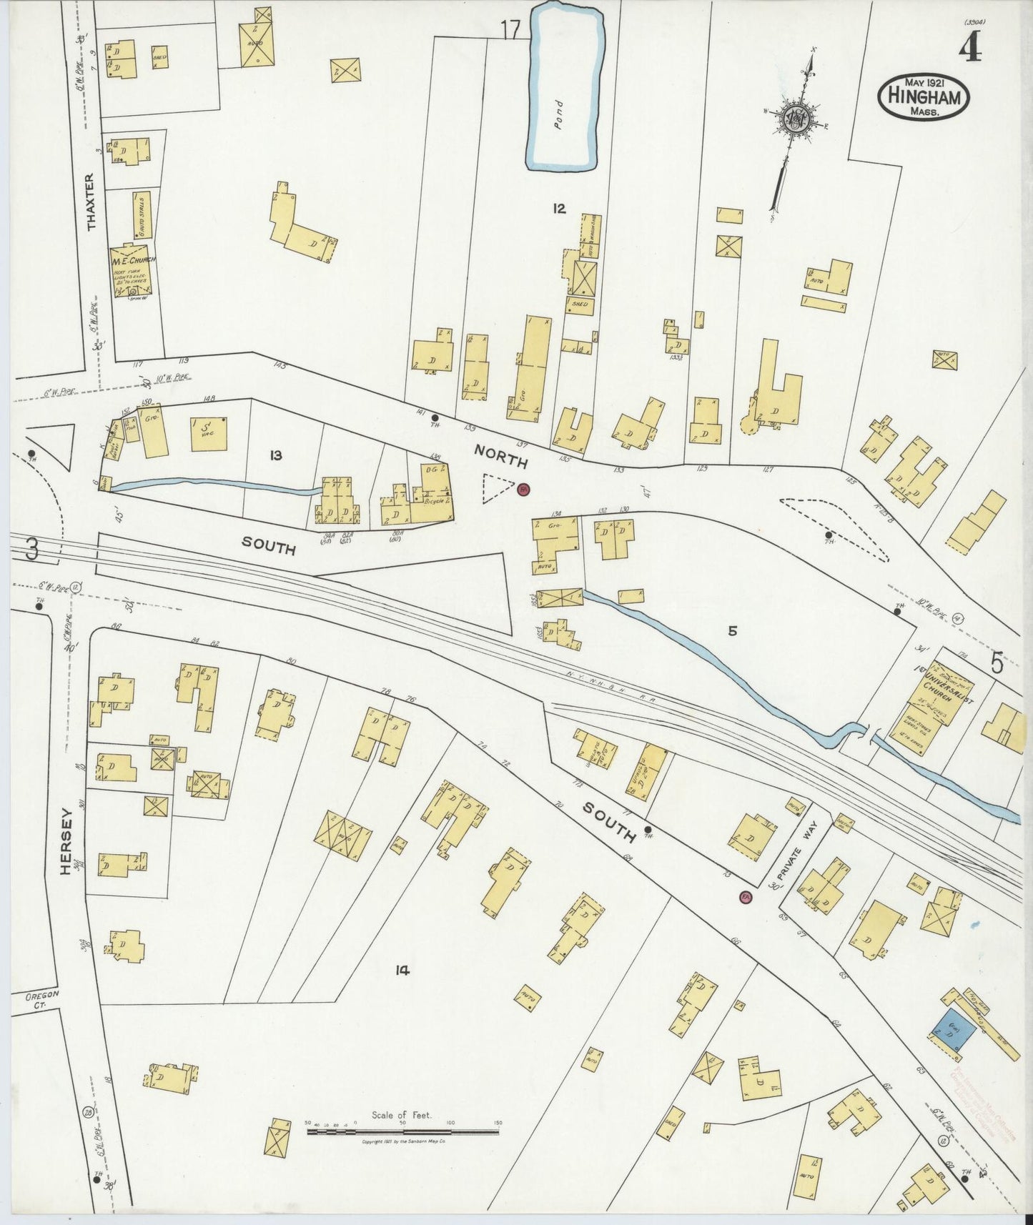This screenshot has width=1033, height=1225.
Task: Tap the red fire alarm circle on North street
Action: [x=523, y=490]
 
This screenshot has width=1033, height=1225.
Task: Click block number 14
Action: [x=402, y=970]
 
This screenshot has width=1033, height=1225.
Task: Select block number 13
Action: [x=276, y=455]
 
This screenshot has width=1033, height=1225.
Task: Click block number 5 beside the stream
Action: [x=733, y=631]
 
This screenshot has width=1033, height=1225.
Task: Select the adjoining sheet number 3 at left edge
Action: [x=31, y=550]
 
